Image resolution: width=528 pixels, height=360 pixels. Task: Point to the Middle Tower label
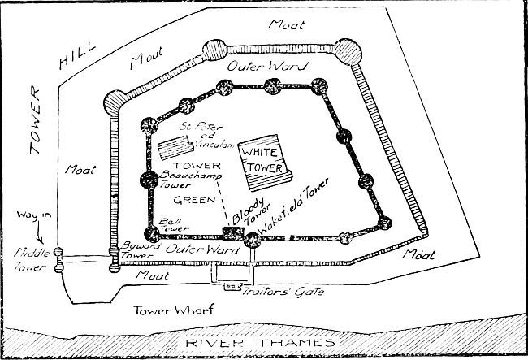click(23, 258)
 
